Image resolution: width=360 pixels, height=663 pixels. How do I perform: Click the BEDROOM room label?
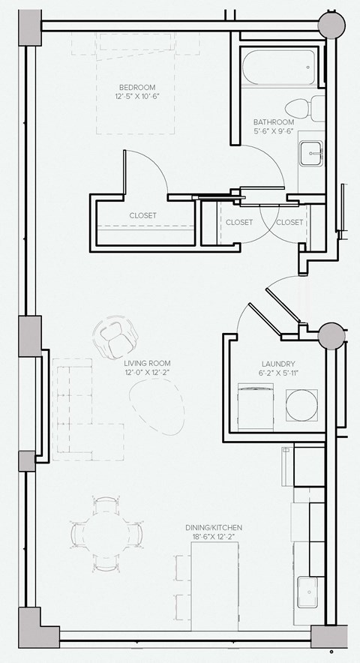click(137, 88)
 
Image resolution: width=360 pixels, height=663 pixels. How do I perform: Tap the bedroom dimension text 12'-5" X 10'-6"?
click(137, 97)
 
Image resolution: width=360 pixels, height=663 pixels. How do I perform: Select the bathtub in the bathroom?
click(279, 67)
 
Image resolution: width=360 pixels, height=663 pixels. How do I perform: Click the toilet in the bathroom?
click(304, 108)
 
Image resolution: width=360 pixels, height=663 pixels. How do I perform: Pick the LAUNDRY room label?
click(278, 364)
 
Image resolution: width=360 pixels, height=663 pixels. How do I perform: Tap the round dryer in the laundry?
click(301, 405)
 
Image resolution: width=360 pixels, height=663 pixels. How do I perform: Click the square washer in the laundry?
click(256, 407)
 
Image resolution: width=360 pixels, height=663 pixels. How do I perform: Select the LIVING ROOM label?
click(147, 363)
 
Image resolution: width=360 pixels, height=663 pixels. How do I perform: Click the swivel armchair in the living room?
click(115, 338)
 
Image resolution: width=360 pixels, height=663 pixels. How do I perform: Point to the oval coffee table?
click(157, 406)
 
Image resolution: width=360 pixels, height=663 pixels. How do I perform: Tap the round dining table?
click(106, 534)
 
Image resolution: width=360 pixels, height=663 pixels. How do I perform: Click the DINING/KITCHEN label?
click(214, 528)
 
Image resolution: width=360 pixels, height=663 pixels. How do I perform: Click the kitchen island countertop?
click(215, 586)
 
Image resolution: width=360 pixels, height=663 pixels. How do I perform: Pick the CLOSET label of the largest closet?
click(143, 216)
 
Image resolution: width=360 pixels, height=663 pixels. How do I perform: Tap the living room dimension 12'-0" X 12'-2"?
click(147, 373)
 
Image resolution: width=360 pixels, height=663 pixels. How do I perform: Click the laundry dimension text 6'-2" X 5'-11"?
click(278, 373)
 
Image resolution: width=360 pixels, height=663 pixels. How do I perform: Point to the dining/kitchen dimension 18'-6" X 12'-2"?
click(214, 537)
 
